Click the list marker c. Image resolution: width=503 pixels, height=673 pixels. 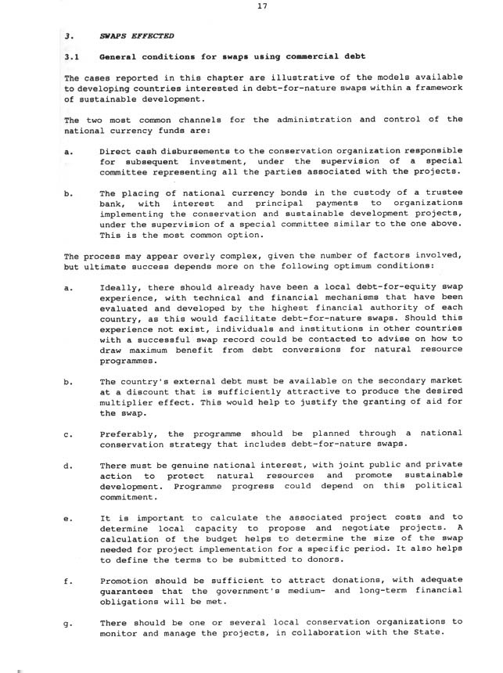point(68,433)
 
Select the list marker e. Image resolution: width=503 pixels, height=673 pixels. point(68,516)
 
